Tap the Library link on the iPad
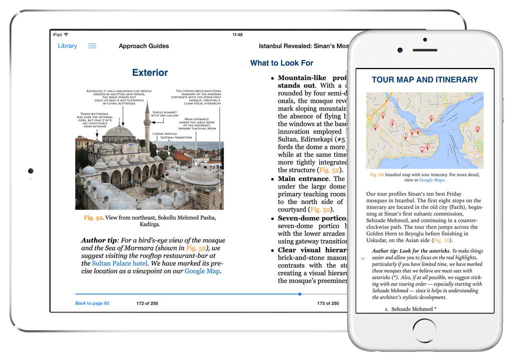[x=67, y=46]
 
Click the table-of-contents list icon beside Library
[x=92, y=46]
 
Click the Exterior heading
[x=150, y=72]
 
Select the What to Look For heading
[x=281, y=63]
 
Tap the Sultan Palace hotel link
[x=119, y=263]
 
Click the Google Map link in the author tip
[x=202, y=271]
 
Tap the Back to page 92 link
[x=92, y=303]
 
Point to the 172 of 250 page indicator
[x=147, y=303]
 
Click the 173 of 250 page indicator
[x=328, y=303]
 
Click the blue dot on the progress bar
[x=299, y=294]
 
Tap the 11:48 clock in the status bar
[x=237, y=35]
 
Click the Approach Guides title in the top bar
[x=143, y=46]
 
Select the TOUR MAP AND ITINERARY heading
[x=424, y=79]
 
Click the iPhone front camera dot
[x=400, y=50]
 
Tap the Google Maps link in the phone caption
[x=431, y=180]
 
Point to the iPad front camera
[x=30, y=171]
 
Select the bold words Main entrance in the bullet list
[x=303, y=178]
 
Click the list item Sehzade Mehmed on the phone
[x=413, y=309]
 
